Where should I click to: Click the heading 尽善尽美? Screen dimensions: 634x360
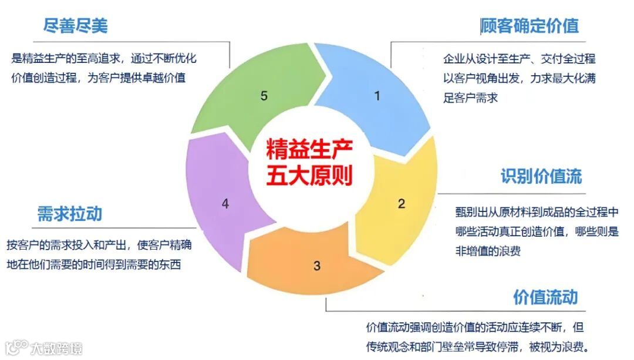[x=76, y=25]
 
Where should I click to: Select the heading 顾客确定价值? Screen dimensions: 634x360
[x=530, y=26]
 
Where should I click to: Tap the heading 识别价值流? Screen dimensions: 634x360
[x=541, y=177]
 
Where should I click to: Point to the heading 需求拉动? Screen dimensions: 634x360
[x=69, y=213]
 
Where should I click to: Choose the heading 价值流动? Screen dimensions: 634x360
[x=545, y=297]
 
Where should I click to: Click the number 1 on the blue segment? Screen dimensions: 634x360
[x=377, y=95]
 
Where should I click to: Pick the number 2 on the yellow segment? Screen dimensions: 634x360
[x=402, y=204]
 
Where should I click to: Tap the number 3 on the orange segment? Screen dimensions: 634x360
[x=317, y=265]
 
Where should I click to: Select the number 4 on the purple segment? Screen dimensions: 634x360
[x=225, y=204]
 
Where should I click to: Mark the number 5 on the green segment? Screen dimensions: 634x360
[x=264, y=95]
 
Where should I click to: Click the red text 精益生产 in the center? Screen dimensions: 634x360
[x=309, y=150]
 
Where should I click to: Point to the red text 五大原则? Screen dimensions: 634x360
[x=309, y=176]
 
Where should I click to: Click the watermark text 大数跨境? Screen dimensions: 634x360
[x=56, y=348]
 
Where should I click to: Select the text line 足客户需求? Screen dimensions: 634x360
[x=470, y=98]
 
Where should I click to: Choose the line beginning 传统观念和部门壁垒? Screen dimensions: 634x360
[x=477, y=346]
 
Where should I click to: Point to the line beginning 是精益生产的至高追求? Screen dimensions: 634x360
[x=104, y=58]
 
